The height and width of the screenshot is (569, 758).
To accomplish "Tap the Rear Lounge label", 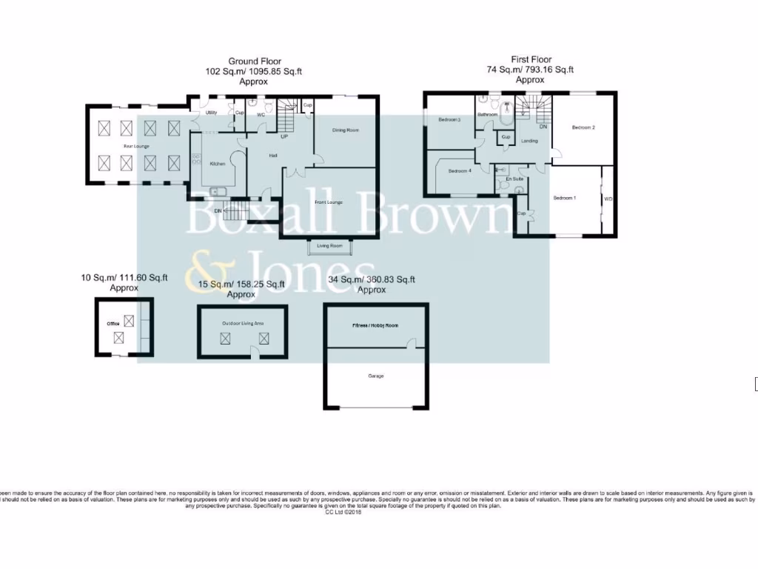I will [x=136, y=146].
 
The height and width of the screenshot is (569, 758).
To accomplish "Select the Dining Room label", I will [x=345, y=130].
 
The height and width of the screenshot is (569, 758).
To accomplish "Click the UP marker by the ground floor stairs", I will [x=284, y=136].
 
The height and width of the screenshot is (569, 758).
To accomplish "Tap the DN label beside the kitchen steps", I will [x=218, y=211].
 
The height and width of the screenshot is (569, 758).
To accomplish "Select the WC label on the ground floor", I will [x=261, y=116].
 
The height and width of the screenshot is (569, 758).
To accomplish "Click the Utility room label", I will [x=211, y=113].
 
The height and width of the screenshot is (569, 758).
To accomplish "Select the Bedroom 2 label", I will [x=583, y=127].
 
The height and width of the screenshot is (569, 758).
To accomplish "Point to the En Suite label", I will [x=514, y=179].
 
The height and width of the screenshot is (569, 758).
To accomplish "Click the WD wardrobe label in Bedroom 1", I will [x=608, y=199].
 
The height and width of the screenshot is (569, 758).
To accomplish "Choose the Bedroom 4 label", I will [x=459, y=171].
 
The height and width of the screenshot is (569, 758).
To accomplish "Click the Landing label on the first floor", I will [x=529, y=141].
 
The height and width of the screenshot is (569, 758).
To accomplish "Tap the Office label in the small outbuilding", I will [x=113, y=324].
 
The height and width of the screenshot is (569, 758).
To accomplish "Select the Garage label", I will [x=376, y=376].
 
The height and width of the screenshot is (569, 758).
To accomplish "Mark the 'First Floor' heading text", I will [x=531, y=59].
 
